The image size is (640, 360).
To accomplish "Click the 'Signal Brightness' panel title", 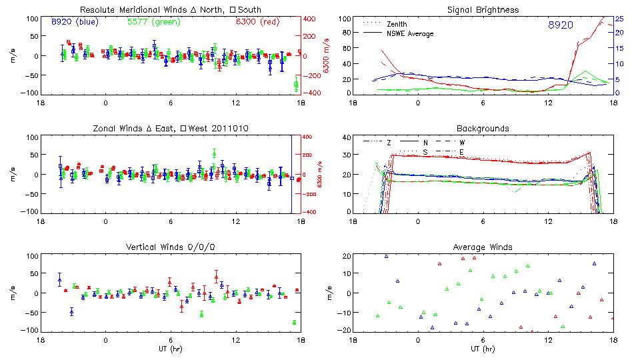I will (484, 10).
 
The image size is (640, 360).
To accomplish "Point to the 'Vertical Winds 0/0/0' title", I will (171, 247).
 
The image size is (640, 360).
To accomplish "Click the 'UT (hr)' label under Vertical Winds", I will (170, 349).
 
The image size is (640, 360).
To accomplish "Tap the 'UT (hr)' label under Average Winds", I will (483, 349).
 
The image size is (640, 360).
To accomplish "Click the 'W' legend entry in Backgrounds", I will (462, 143).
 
